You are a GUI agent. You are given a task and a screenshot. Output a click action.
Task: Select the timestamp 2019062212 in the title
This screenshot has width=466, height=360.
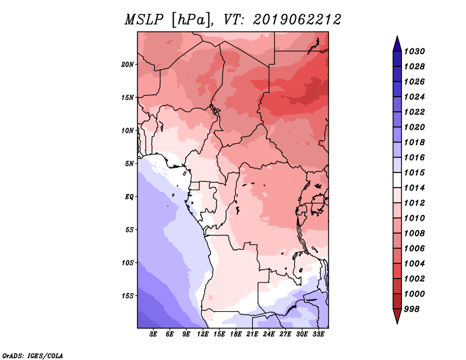pyautogui.click(x=296, y=20)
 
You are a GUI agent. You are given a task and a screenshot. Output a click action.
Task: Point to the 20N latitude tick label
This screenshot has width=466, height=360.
pyautogui.click(x=128, y=64)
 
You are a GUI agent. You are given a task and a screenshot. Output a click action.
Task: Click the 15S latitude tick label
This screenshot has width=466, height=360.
pyautogui.click(x=128, y=295)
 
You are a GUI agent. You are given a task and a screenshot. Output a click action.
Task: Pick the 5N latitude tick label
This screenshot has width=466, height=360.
pyautogui.click(x=129, y=163)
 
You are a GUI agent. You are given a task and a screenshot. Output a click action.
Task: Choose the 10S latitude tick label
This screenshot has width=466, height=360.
pyautogui.click(x=128, y=263)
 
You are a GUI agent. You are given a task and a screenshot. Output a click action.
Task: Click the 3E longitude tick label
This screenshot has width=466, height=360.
pyautogui.click(x=154, y=334)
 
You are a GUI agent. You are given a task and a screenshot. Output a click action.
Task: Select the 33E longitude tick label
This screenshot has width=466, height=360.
pyautogui.click(x=318, y=334)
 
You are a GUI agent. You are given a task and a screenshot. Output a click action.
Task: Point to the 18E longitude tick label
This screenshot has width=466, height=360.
pyautogui.click(x=236, y=334)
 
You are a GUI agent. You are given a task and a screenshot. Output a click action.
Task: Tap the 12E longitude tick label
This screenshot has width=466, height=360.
pyautogui.click(x=203, y=334)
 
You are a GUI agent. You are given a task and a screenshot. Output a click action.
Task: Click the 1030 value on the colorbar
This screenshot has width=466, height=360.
pyautogui.click(x=416, y=51)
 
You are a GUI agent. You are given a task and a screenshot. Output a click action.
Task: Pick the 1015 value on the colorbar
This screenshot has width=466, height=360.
pyautogui.click(x=416, y=172)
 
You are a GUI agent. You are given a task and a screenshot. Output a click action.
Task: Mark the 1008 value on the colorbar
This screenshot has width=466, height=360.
pyautogui.click(x=416, y=233)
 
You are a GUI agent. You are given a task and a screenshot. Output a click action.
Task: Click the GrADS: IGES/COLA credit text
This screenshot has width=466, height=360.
pyautogui.click(x=33, y=355)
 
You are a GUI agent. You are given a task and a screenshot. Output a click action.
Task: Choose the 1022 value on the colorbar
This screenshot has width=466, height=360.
pyautogui.click(x=416, y=112)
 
